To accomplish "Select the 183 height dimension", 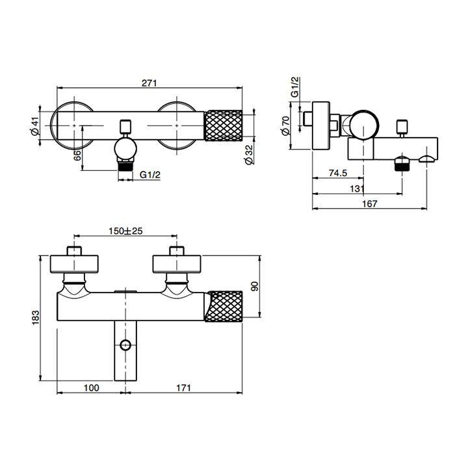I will coord(36,317).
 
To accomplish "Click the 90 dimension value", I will coord(254,287).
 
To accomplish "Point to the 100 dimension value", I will coord(91,388).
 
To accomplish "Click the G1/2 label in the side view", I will coord(295,87).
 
